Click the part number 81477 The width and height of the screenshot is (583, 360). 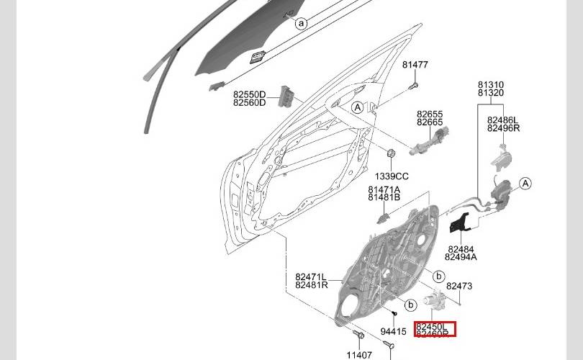coord(415,65)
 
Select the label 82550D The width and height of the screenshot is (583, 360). coord(249,94)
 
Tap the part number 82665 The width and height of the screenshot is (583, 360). coord(430,123)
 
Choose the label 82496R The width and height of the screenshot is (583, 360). coord(503,128)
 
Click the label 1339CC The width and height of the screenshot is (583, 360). coord(392,176)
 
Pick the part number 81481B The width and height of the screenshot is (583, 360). coord(384,198)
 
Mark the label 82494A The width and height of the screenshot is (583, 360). coord(461,257)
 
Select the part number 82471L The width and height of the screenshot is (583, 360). coord(311,276)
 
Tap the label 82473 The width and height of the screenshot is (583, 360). coord(459,286)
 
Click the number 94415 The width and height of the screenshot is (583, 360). coord(394,332)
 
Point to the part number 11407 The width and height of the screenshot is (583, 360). coord(359,355)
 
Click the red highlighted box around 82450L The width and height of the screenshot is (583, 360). coord(435,329)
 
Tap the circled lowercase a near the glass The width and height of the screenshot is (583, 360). coord(302,23)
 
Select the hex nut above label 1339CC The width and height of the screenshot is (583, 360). coord(392,155)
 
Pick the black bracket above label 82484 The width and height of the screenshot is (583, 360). coord(458,223)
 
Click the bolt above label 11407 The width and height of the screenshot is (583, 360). coord(358,336)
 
